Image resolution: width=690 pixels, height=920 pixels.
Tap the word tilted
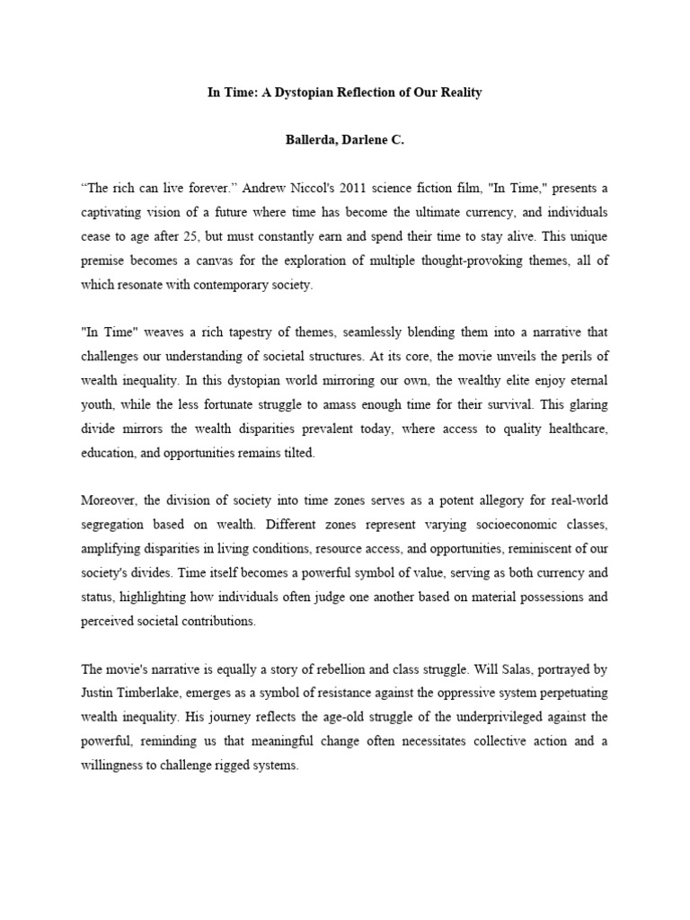click(x=297, y=453)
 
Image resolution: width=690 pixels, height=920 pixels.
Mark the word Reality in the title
click(x=458, y=93)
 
